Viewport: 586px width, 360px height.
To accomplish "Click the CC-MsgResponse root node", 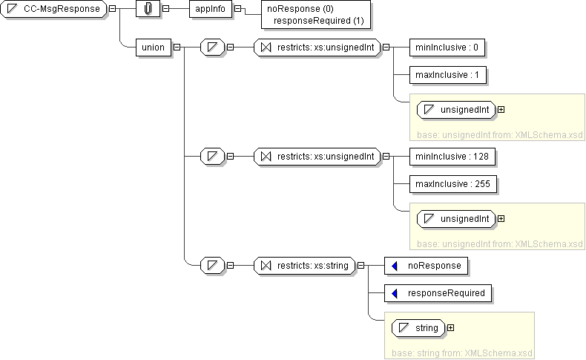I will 53,9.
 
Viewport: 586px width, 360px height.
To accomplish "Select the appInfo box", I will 210,9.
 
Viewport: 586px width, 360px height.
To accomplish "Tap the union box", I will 152,48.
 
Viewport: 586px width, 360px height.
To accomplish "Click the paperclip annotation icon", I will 148,9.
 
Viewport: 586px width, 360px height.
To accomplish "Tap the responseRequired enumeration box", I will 438,293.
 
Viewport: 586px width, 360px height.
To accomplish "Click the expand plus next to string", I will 450,327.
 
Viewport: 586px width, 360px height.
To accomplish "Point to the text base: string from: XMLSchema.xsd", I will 458,353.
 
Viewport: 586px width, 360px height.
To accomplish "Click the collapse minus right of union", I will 177,48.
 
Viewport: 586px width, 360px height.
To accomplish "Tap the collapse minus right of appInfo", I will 237,9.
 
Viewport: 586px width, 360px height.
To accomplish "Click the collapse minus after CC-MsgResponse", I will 111,9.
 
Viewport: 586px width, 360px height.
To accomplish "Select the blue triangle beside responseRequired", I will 395,293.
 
